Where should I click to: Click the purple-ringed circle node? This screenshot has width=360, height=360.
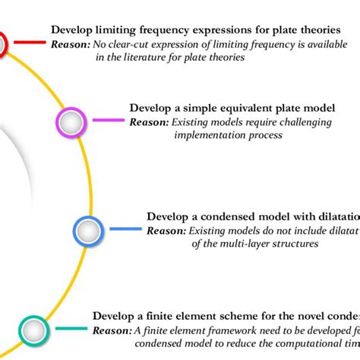coord(70,121)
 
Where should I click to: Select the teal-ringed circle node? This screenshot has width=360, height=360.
coord(33,329)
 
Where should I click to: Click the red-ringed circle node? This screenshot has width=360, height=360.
coord(2,44)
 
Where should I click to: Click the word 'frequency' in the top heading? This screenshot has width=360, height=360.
coord(169,30)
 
